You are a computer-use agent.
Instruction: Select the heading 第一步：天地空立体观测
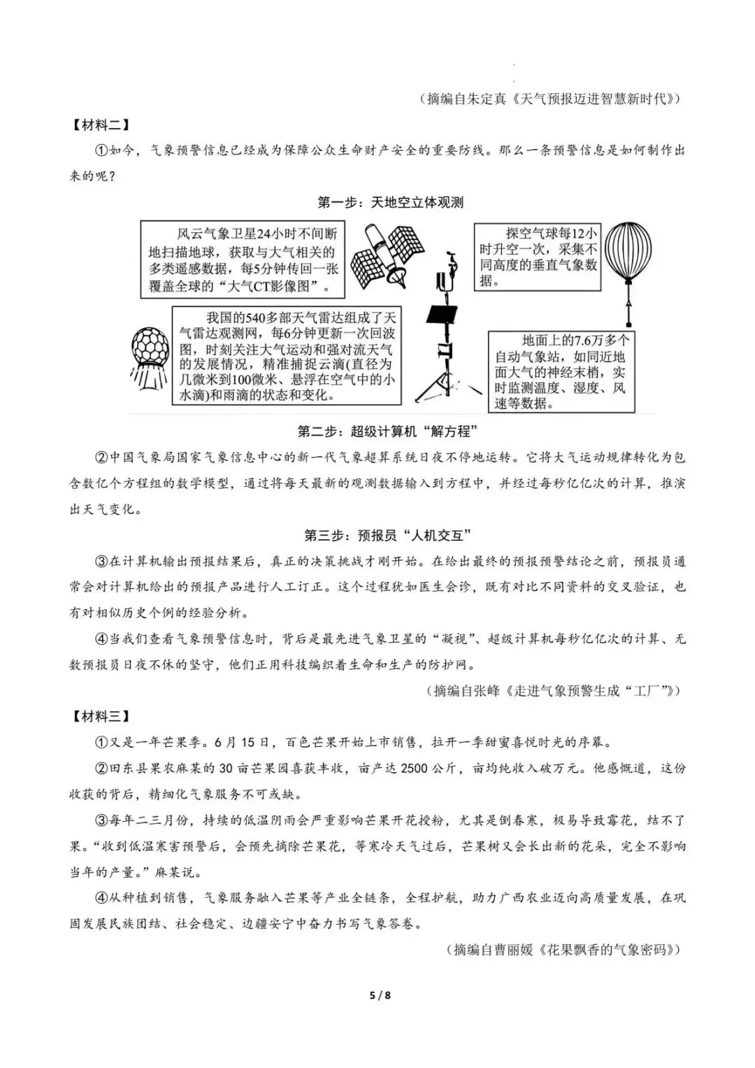[390, 203]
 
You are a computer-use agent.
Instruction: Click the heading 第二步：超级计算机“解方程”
[390, 431]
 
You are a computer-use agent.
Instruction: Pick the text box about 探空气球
[537, 257]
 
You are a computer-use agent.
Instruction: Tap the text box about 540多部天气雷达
[287, 355]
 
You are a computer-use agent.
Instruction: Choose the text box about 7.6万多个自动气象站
[561, 371]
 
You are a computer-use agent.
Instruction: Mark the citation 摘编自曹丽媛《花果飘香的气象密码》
[563, 949]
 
